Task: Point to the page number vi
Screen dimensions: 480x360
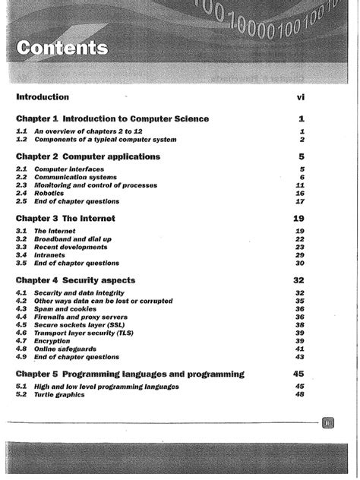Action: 300,97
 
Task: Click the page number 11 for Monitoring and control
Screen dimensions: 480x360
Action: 299,185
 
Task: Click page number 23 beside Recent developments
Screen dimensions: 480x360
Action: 299,247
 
